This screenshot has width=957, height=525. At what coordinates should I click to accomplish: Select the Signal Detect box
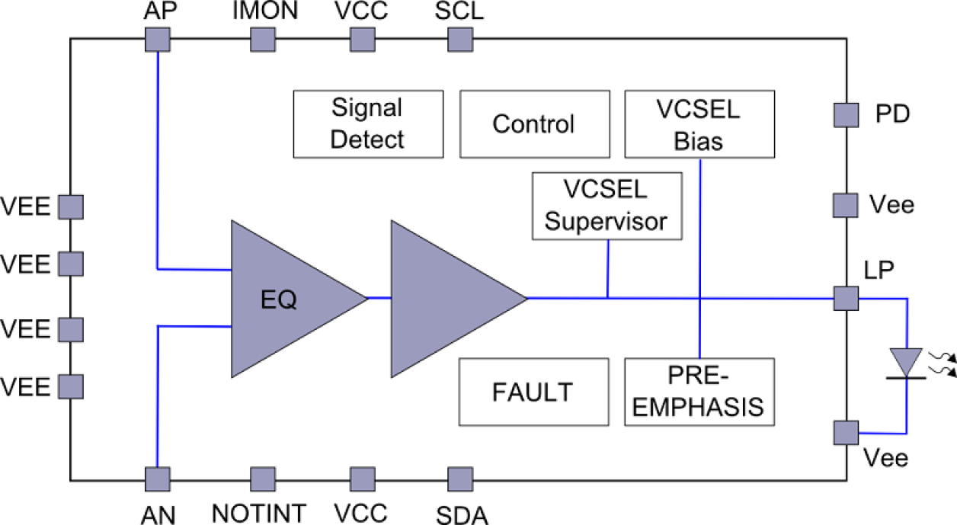coord(368,123)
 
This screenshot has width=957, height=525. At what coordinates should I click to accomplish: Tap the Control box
coord(534,123)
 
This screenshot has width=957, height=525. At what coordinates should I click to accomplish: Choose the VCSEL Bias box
coord(699,123)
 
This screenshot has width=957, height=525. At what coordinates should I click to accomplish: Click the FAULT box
coord(533,391)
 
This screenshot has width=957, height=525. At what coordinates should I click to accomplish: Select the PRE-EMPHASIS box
coord(699,391)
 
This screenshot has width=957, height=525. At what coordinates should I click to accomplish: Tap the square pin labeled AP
coord(156,38)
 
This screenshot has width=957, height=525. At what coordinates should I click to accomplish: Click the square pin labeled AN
coord(156,479)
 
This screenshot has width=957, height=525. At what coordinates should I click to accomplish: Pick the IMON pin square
coord(262,38)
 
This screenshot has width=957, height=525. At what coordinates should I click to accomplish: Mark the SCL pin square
coord(459,38)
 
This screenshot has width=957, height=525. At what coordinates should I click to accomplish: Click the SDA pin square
coord(459,479)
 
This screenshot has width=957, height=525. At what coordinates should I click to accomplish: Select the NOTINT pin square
coord(262,479)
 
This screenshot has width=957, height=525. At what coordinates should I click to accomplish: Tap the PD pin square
coord(845,115)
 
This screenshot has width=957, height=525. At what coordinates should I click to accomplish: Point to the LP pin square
coord(845,298)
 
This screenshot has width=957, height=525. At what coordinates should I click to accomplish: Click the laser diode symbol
coord(907,362)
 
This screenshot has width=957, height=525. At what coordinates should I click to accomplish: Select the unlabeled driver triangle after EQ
coord(446,299)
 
